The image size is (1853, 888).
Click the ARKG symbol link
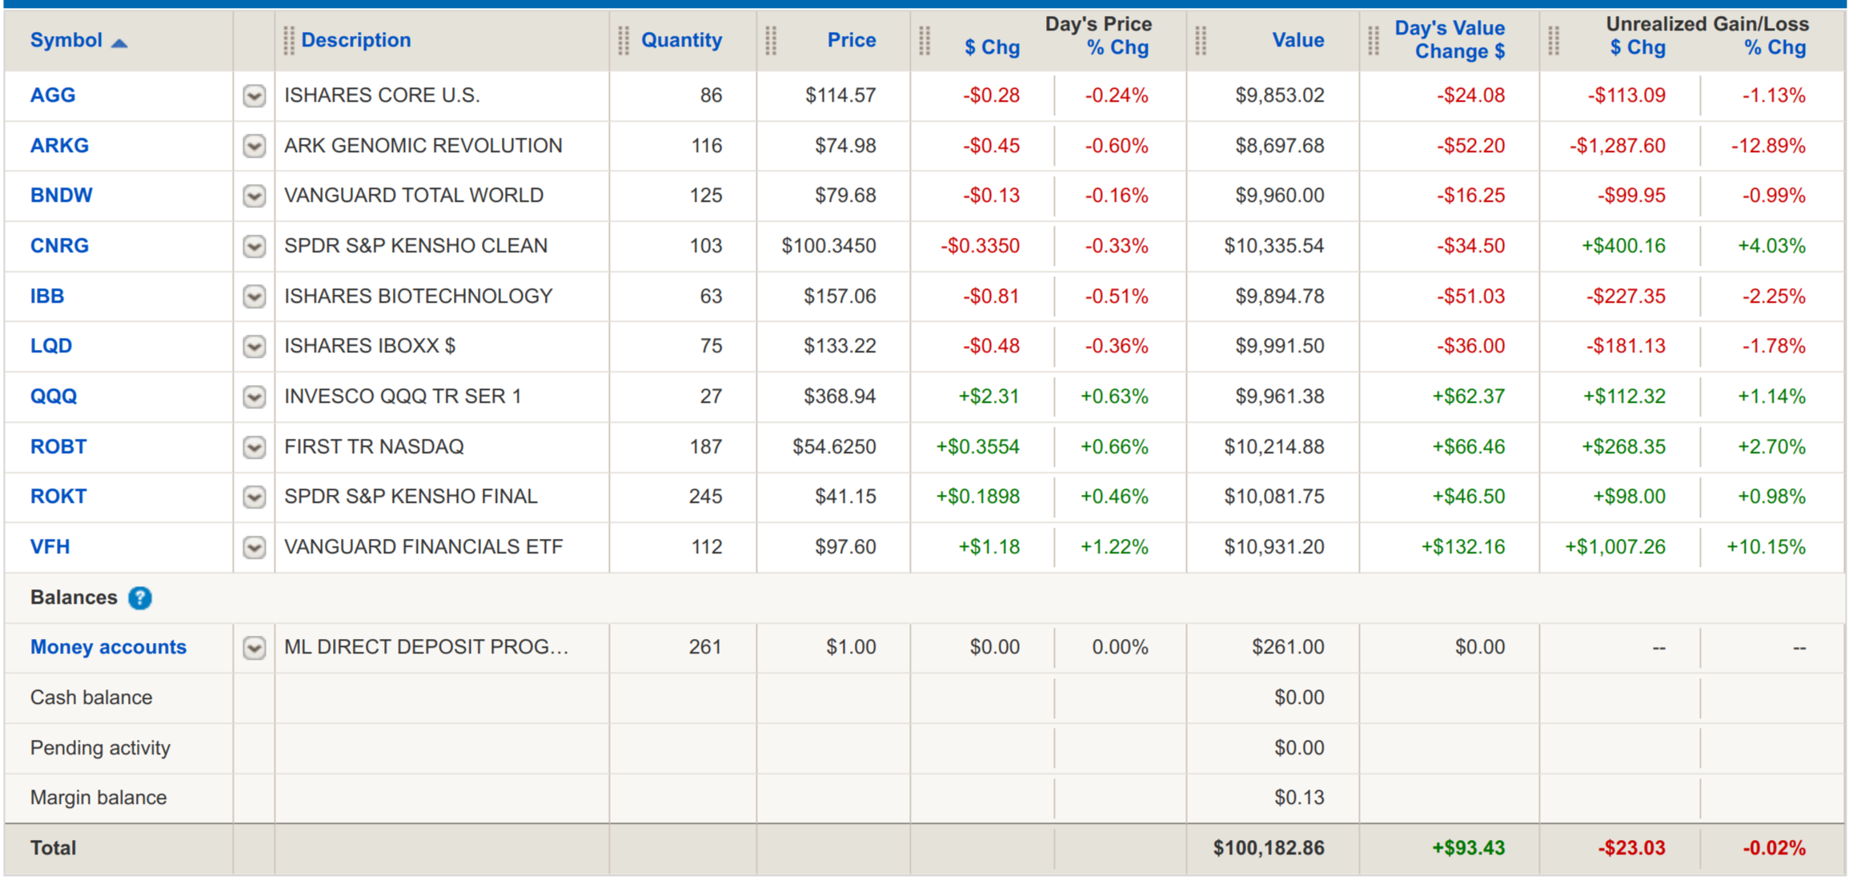59,146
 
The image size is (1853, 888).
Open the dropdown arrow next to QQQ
254,397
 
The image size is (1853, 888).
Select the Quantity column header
681,40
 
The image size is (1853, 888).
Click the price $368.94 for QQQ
840,396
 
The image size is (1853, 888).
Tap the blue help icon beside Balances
140,598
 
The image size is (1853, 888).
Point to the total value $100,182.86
1268,848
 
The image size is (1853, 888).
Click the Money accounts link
108,647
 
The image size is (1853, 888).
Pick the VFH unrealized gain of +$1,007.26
1615,547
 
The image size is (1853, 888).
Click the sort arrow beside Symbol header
119,42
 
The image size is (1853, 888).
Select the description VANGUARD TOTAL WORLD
414,195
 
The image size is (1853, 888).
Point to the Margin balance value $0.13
1298,798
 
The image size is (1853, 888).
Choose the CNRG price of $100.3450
828,246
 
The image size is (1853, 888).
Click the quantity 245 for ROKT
705,496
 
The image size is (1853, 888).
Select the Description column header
356,40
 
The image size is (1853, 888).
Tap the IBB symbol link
47,296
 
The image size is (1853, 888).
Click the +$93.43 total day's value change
1468,848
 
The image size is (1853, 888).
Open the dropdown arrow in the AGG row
254,96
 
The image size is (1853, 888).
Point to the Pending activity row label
100,748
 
